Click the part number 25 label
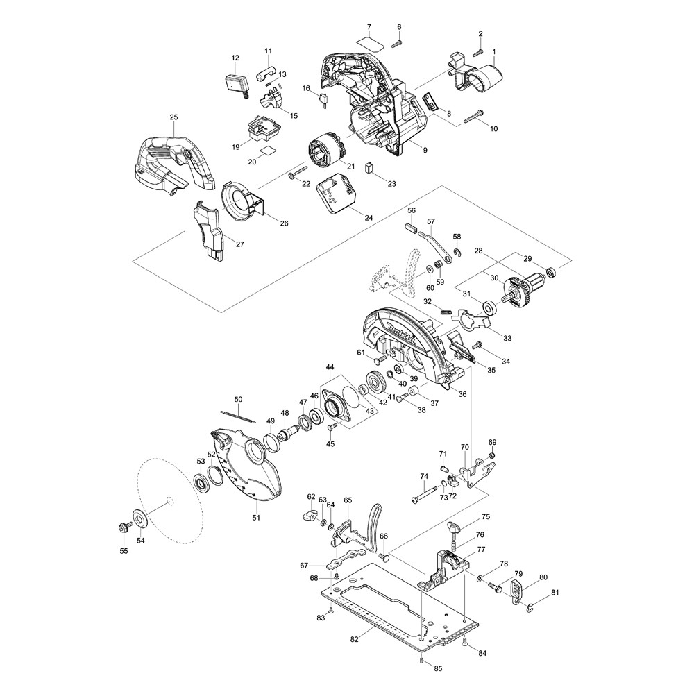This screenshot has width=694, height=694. pos(173,117)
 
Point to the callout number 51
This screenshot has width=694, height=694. pos(255,517)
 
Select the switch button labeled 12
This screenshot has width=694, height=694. pos(236,83)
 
